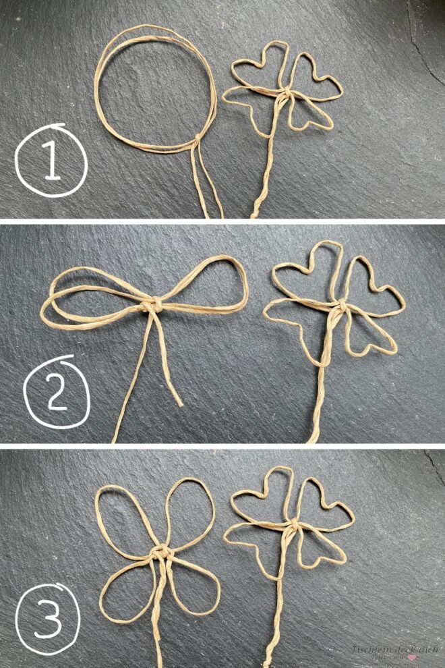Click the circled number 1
coord(51,161)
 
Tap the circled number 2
coord(57,389)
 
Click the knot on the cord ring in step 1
coord(196,140)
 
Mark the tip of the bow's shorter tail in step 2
coord(180,404)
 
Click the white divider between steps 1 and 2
coord(222,220)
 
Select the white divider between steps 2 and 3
coord(222,446)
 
